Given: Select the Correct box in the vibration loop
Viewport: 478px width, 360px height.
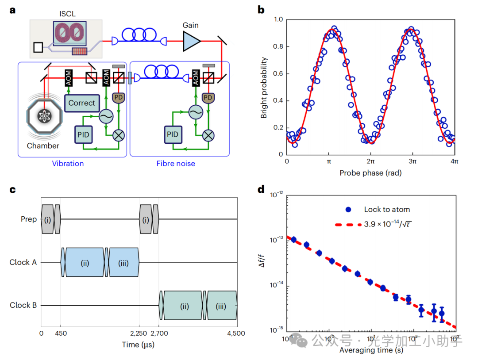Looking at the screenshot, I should click(81, 103).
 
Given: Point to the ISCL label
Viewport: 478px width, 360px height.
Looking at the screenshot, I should click(66, 14).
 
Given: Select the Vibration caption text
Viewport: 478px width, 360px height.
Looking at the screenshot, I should click(68, 164).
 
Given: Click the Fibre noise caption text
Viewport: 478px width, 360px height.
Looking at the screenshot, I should click(176, 164).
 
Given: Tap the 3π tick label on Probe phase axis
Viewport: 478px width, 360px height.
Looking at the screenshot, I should click(412, 162).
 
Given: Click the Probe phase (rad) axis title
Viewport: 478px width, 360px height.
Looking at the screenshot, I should click(370, 173).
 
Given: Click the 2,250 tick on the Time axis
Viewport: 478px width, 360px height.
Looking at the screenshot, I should click(139, 334).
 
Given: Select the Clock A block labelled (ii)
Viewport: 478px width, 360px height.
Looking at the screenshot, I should click(85, 263).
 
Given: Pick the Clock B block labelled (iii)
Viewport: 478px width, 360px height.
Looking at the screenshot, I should click(222, 306).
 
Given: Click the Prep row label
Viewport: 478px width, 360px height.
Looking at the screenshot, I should click(28, 219).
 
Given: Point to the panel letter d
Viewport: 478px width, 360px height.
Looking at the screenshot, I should click(262, 190).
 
